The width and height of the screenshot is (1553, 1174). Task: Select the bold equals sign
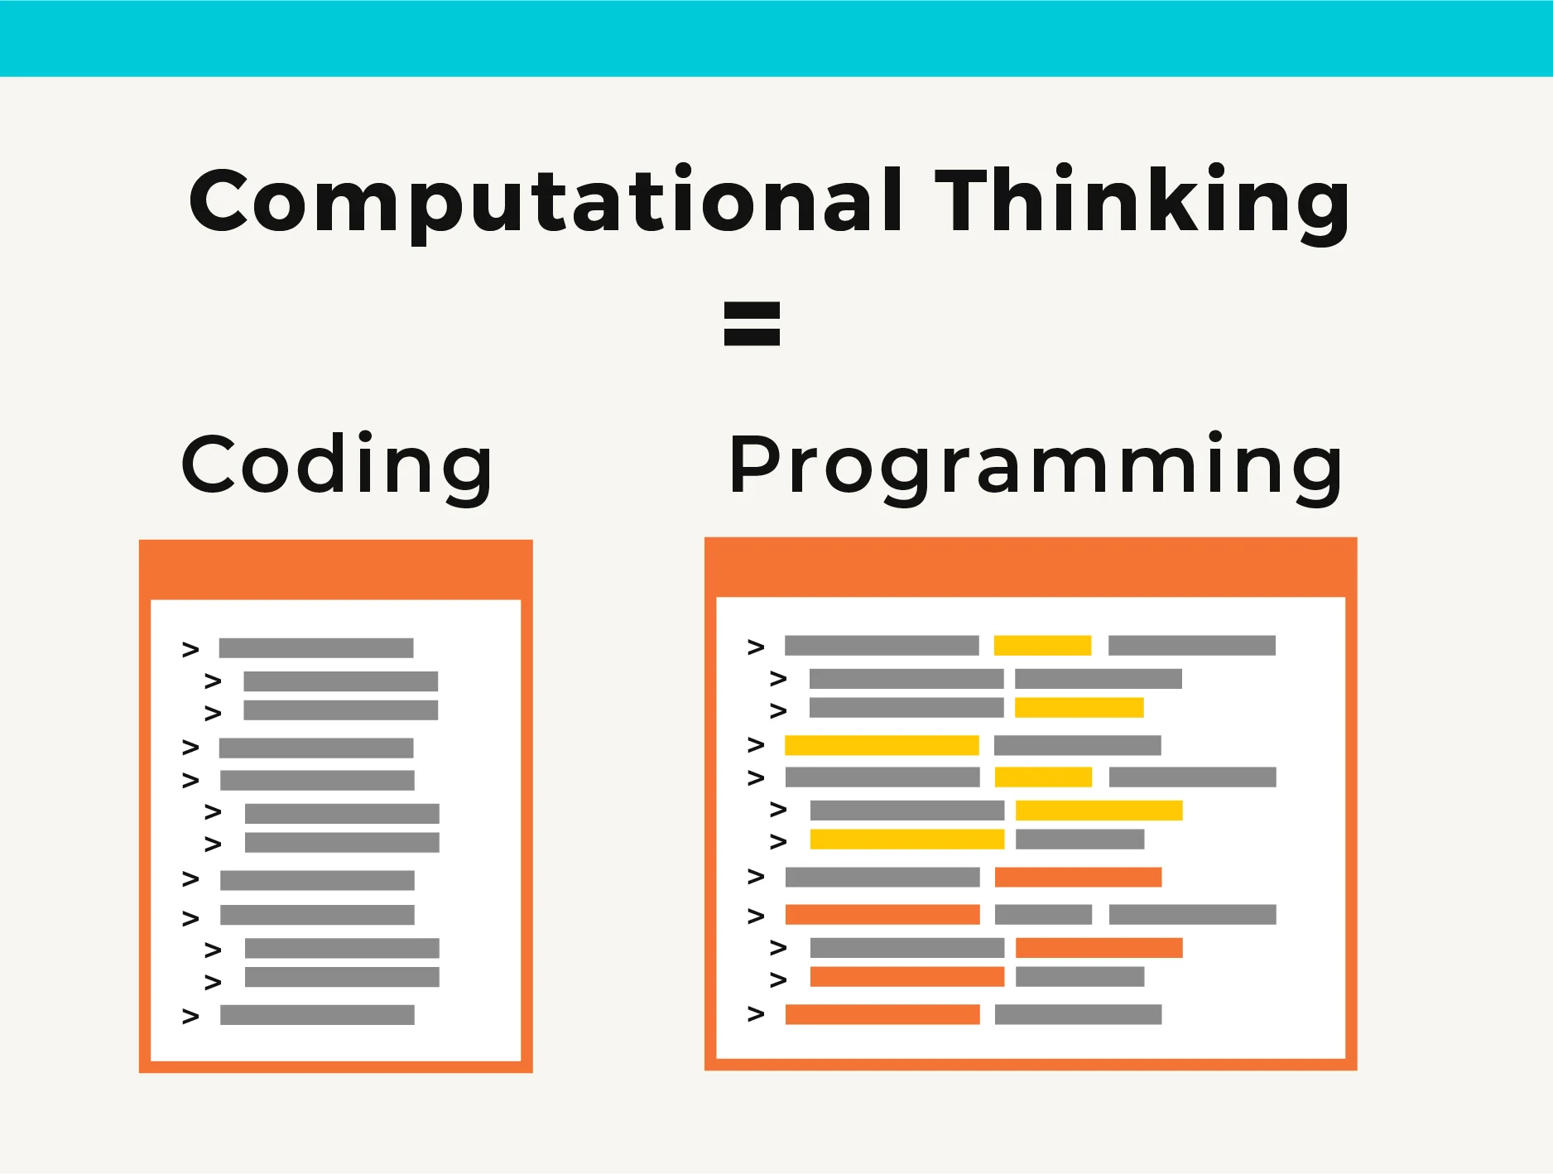click(752, 323)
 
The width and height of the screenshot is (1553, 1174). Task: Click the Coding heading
click(337, 465)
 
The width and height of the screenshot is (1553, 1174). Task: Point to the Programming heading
click(1035, 465)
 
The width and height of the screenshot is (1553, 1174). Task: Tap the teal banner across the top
click(776, 38)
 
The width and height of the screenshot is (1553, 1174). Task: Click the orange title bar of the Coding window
click(335, 570)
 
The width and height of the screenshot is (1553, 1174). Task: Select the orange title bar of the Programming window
click(1031, 567)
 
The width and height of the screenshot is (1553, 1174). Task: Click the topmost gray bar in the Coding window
click(316, 647)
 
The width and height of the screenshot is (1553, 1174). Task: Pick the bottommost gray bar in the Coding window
click(317, 1015)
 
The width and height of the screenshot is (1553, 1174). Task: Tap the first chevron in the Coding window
click(190, 649)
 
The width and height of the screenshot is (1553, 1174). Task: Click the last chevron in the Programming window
click(756, 1014)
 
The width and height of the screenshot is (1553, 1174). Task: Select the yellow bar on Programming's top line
click(1042, 646)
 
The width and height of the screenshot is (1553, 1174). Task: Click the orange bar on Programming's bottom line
click(882, 1014)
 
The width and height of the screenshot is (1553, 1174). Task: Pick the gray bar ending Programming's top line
click(1191, 646)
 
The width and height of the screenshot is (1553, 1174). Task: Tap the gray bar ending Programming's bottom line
click(1078, 1014)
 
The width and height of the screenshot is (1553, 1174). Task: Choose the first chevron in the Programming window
click(756, 647)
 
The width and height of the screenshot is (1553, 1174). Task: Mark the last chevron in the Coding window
click(190, 1016)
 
